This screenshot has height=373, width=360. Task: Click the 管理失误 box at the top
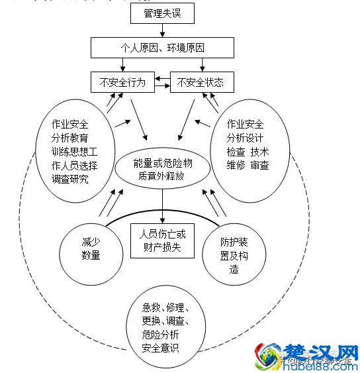(162, 13)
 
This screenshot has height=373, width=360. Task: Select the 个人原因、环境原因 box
(162, 48)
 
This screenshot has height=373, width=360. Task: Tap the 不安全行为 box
(122, 82)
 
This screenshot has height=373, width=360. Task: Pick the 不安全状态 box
(201, 82)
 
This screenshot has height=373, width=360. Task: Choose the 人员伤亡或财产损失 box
(162, 239)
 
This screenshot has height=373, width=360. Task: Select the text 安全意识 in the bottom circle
(159, 348)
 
